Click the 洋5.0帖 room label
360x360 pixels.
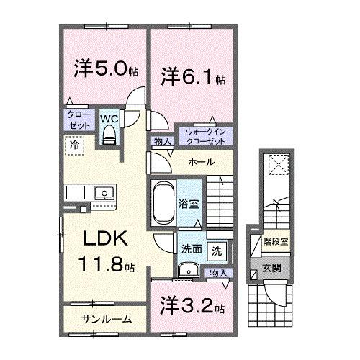104,70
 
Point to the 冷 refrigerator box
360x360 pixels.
74,144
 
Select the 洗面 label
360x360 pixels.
191,250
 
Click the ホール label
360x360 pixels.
200,163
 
